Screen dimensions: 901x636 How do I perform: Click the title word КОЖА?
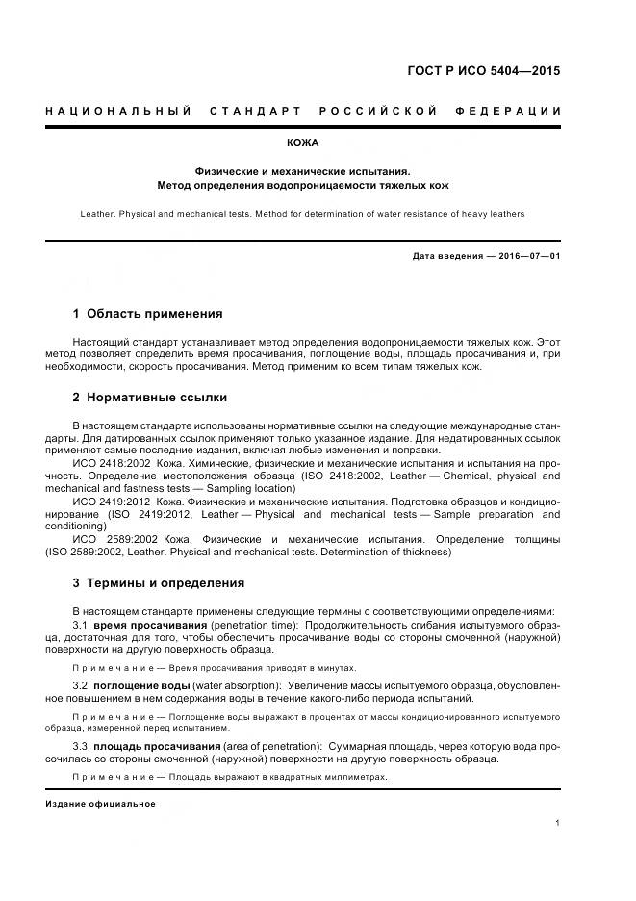tap(317, 142)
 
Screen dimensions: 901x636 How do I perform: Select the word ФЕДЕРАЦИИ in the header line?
tap(514, 112)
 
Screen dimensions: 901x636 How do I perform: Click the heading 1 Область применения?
tap(147, 314)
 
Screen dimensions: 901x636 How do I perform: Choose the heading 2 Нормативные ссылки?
tap(150, 398)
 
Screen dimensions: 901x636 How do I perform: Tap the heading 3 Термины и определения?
tap(159, 583)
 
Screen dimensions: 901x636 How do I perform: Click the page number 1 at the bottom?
tap(558, 823)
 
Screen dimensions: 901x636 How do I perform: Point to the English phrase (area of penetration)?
tap(271, 747)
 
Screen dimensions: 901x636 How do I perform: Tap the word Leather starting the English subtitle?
tap(99, 214)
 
